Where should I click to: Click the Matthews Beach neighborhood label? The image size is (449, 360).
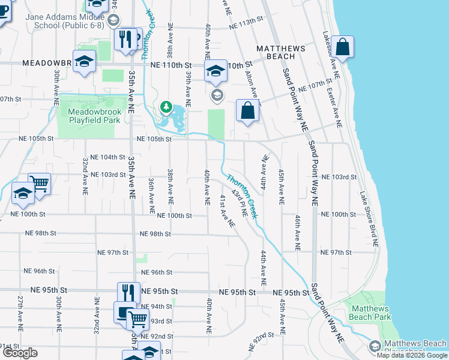pyautogui.click(x=281, y=52)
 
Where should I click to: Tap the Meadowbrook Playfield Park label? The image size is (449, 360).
pyautogui.click(x=90, y=116)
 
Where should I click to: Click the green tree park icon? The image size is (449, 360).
pyautogui.click(x=166, y=107)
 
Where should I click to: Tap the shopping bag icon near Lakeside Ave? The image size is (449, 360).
pyautogui.click(x=342, y=48)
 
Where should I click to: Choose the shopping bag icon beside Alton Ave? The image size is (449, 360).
pyautogui.click(x=247, y=111)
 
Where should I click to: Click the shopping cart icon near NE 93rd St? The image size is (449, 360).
pyautogui.click(x=137, y=319)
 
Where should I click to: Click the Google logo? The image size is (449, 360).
pyautogui.click(x=20, y=353)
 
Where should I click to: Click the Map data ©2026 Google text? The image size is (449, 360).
pyautogui.click(x=411, y=355)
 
